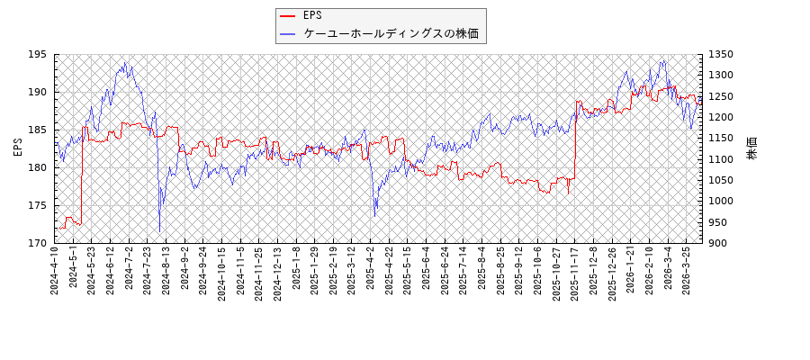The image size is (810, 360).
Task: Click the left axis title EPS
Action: click(x=17, y=148)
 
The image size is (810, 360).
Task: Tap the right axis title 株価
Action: click(x=752, y=148)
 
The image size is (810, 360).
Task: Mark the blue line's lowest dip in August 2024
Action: click(x=160, y=231)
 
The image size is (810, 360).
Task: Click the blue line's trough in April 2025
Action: click(x=375, y=216)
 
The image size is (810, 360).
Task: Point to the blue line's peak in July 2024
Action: click(x=125, y=62)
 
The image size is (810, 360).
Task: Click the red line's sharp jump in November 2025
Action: click(x=575, y=135)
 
